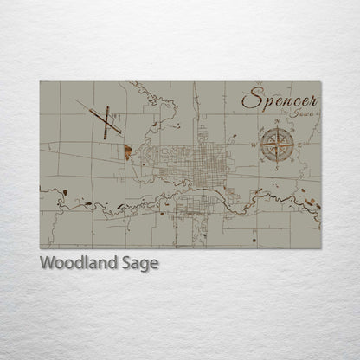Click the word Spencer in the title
coord(279,100)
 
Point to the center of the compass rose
coord(277,143)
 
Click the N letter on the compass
coord(277,126)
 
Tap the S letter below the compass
coord(277,161)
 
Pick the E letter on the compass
coord(294,143)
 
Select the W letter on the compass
coord(260,143)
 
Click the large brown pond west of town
coord(128,153)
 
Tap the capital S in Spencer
coord(250,99)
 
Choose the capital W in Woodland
coord(47,263)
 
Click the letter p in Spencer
coord(264,104)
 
